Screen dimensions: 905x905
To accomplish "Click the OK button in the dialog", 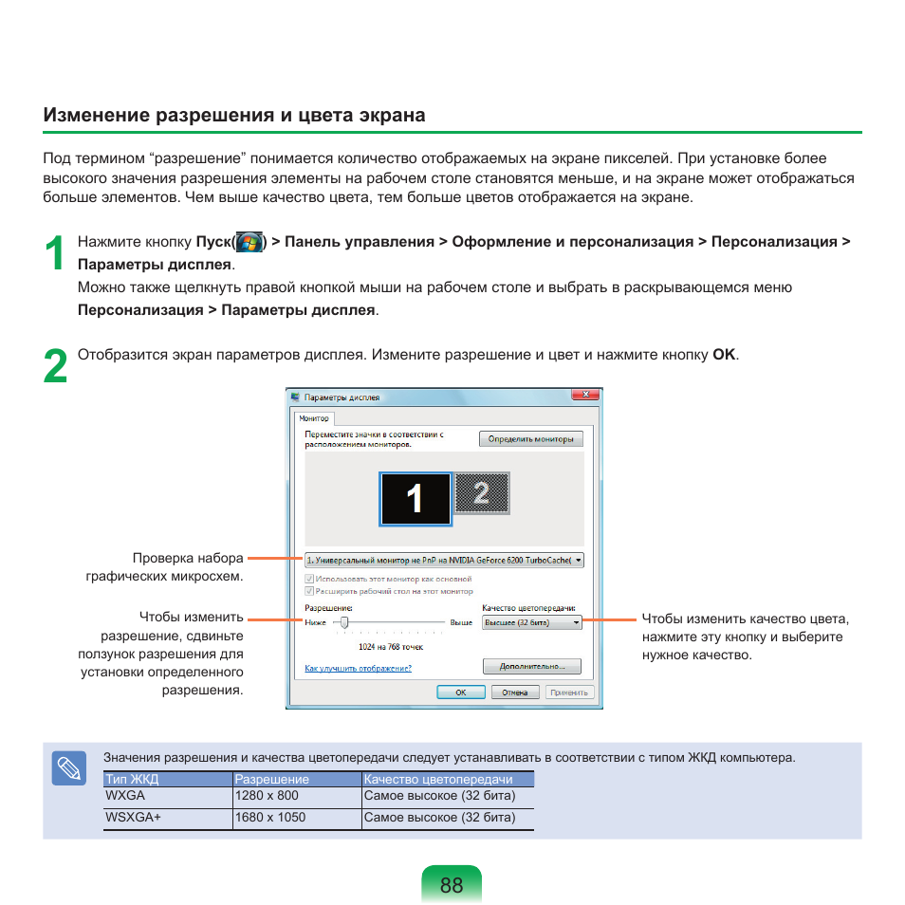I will pyautogui.click(x=460, y=693).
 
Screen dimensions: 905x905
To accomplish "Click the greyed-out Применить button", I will pyautogui.click(x=569, y=693).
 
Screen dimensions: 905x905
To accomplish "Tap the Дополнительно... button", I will pyautogui.click(x=531, y=667).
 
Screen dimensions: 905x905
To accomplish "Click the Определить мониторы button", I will pyautogui.click(x=531, y=439).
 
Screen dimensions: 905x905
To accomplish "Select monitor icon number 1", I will pyautogui.click(x=416, y=499).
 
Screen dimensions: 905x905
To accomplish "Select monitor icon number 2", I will pyautogui.click(x=483, y=492).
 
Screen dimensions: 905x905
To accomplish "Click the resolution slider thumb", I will pyautogui.click(x=344, y=622).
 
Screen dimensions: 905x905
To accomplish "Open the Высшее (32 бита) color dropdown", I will pyautogui.click(x=531, y=622).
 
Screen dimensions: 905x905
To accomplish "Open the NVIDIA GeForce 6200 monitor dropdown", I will pyautogui.click(x=444, y=560).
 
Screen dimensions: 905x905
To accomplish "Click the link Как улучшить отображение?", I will pyautogui.click(x=358, y=668).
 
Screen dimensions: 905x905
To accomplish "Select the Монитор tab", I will pyautogui.click(x=314, y=418).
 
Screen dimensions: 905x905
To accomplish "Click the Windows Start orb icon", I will pyautogui.click(x=249, y=242).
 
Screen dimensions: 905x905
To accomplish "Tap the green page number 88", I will pyautogui.click(x=452, y=884).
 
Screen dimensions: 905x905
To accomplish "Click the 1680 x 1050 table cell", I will pyautogui.click(x=271, y=817).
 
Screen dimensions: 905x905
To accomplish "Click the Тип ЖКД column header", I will pyautogui.click(x=132, y=780).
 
